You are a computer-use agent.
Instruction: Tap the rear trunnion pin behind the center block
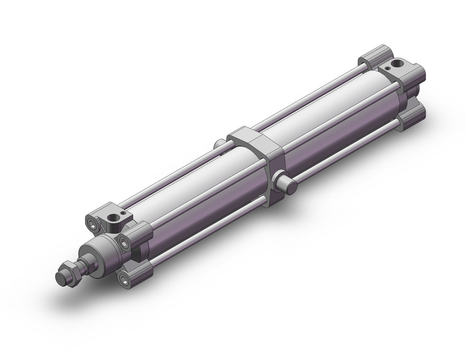click(218, 145)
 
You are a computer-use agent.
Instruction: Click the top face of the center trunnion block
click(254, 134)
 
